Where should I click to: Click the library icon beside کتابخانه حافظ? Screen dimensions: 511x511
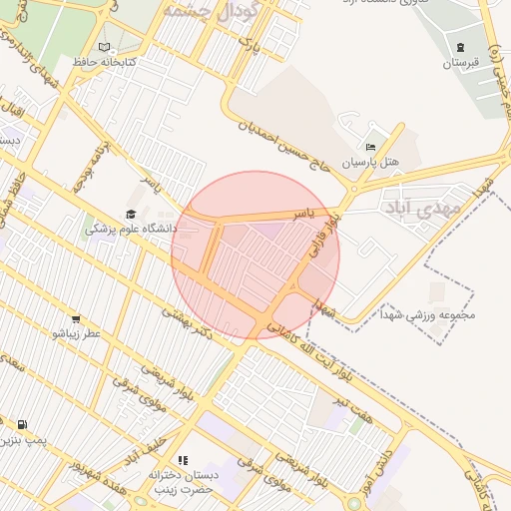click(x=105, y=47)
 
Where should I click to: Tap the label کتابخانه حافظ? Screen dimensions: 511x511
click(x=105, y=62)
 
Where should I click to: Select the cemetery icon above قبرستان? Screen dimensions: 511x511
click(x=460, y=47)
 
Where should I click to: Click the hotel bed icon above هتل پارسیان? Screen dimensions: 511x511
click(x=371, y=147)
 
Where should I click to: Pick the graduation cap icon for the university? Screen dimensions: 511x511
click(x=131, y=214)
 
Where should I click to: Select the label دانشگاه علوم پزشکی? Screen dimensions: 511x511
click(x=131, y=229)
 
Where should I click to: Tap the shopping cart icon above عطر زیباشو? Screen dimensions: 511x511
click(x=76, y=319)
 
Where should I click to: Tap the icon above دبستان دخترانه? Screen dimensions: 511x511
click(x=183, y=460)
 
